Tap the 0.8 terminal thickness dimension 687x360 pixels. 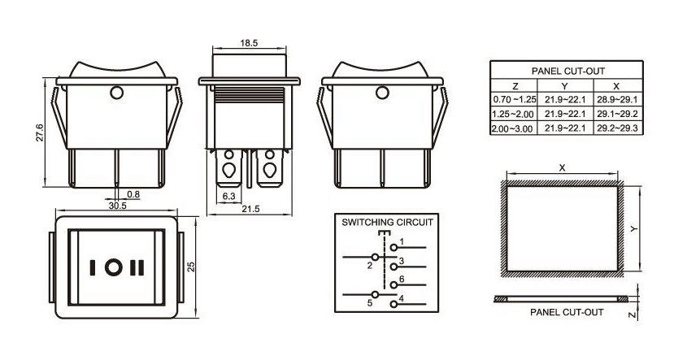(133, 194)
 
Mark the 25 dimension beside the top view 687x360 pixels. (192, 267)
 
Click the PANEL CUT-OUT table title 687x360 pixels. (567, 72)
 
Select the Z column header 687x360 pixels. (514, 85)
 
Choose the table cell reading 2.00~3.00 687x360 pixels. (514, 128)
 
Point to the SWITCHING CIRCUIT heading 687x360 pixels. (387, 222)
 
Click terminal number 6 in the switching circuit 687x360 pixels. (402, 279)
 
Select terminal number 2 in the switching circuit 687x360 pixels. (369, 265)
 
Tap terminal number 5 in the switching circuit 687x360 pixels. (369, 303)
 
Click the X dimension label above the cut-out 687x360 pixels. (562, 167)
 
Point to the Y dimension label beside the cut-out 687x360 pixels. (634, 229)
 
